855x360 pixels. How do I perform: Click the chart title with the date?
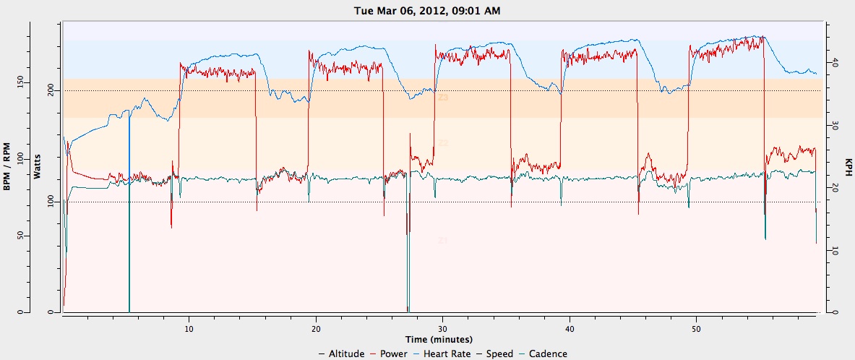[x=427, y=10]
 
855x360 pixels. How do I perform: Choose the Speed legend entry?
[x=499, y=353]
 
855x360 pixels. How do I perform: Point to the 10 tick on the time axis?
[x=189, y=327]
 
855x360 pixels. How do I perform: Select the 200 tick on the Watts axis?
[x=49, y=90]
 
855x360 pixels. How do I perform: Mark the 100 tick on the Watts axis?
[x=49, y=202]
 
